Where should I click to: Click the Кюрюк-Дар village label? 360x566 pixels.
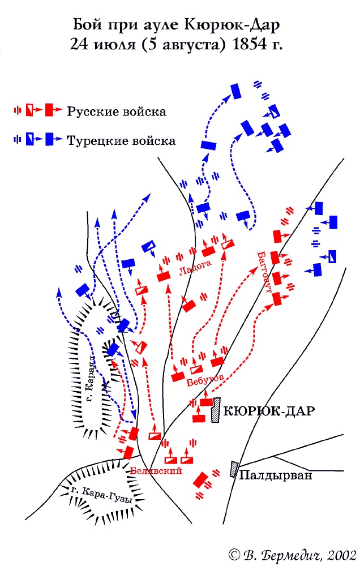coord(269,411)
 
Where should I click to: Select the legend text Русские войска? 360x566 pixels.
coord(117,112)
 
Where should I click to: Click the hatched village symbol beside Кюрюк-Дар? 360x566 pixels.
coord(215,410)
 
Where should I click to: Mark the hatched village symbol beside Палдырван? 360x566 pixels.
coord(233,469)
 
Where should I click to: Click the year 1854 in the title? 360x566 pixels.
coord(247,44)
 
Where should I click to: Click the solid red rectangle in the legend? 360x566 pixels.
coord(50,110)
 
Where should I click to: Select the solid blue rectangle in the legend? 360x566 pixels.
coord(50,139)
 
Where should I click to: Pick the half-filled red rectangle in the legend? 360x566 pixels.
coord(30,110)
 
